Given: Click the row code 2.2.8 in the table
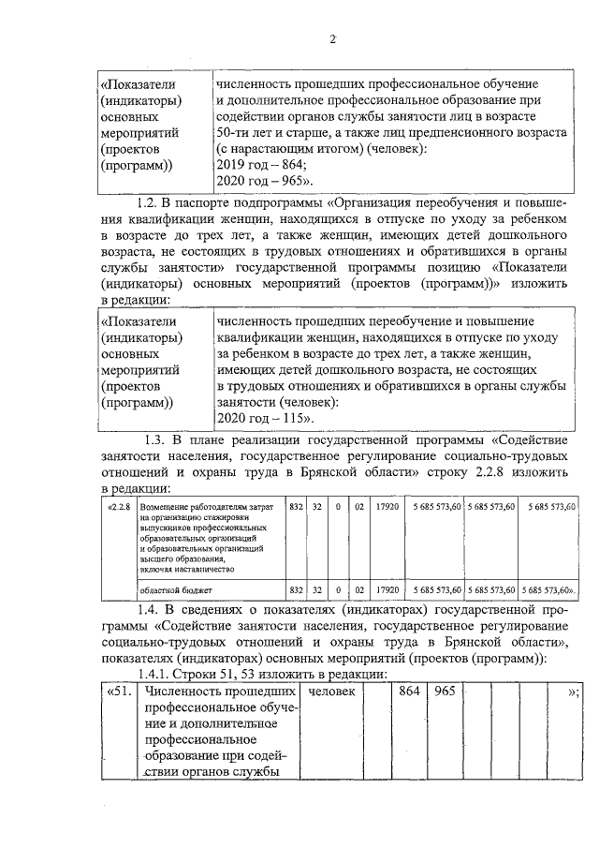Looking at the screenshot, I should pyautogui.click(x=119, y=506).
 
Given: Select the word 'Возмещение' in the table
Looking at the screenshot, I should pyautogui.click(x=164, y=507).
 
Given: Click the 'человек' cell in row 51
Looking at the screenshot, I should pyautogui.click(x=331, y=692).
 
